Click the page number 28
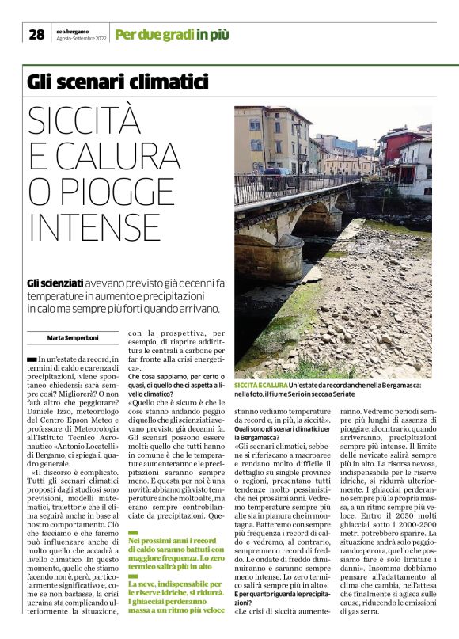36,34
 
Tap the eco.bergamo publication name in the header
72,31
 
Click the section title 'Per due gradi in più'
172,34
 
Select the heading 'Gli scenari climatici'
117,82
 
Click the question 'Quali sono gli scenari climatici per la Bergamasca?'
274,434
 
